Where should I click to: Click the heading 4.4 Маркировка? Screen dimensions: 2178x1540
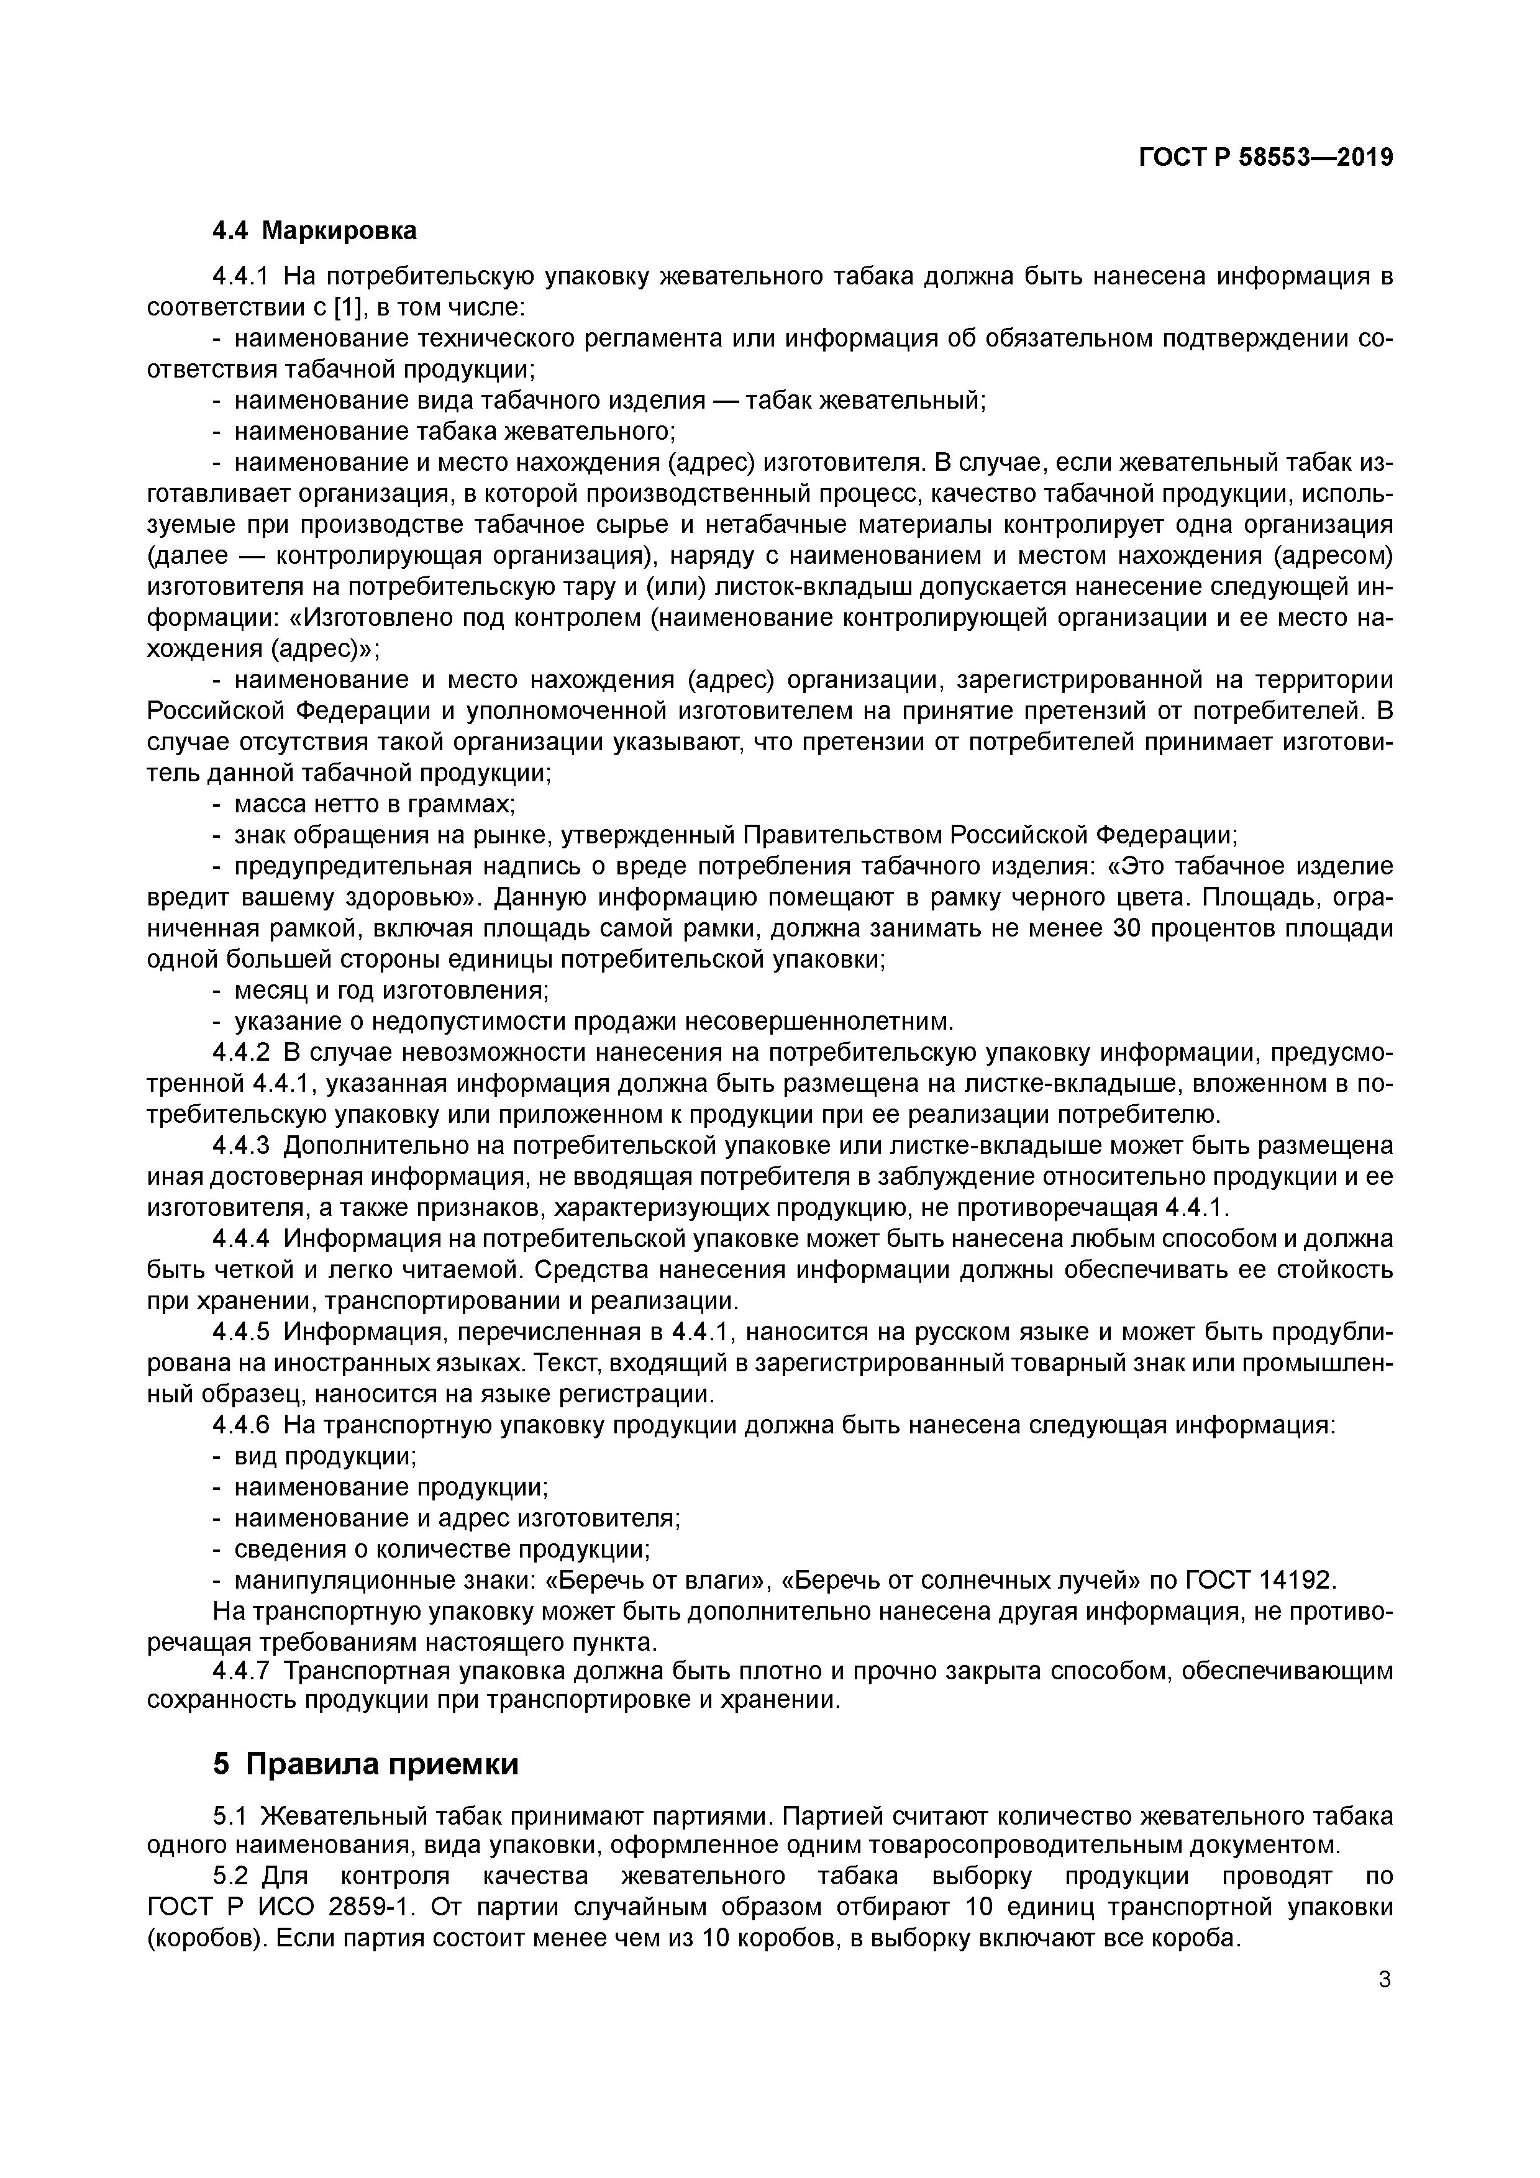[x=314, y=230]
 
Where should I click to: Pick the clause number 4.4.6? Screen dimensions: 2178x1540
[x=242, y=1426]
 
